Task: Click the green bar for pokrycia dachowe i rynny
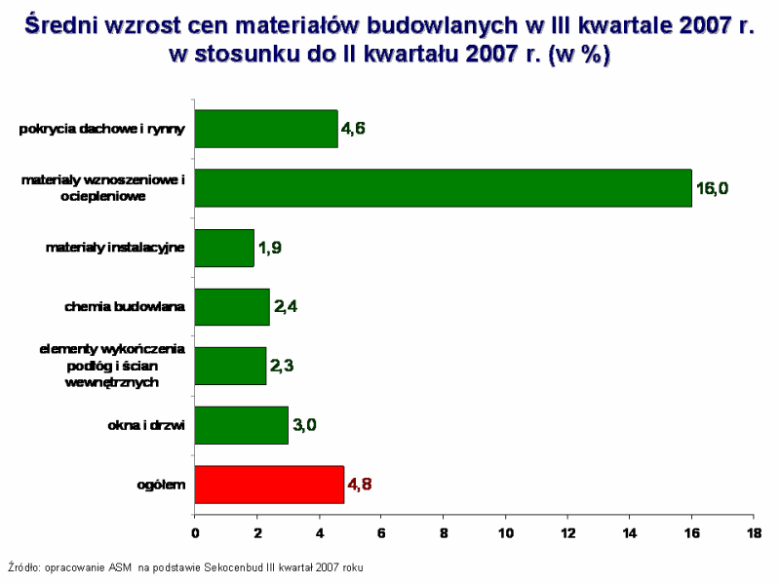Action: click(x=266, y=129)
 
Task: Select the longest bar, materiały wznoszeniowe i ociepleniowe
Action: click(x=443, y=188)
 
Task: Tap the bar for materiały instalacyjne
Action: click(x=224, y=248)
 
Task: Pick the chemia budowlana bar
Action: click(x=232, y=307)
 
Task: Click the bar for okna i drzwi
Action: click(x=242, y=425)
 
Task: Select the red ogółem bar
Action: click(x=269, y=485)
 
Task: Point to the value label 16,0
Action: click(x=711, y=188)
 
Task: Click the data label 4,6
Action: click(x=353, y=129)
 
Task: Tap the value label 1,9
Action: click(x=269, y=249)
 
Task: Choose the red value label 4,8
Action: click(x=360, y=485)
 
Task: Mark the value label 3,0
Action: click(x=304, y=425)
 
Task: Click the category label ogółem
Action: click(x=161, y=485)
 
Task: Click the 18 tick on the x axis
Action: click(x=754, y=533)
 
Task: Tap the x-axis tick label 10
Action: click(x=505, y=533)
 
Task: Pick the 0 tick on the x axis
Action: click(x=195, y=533)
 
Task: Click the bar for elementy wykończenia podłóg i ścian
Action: click(x=230, y=366)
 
